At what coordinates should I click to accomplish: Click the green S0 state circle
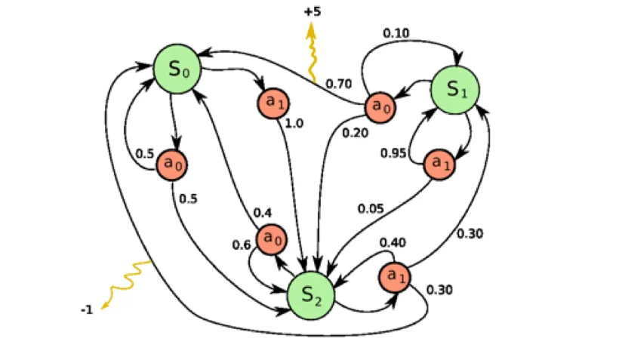(177, 69)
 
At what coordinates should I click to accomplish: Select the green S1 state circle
(455, 90)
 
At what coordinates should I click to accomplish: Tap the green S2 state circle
(311, 296)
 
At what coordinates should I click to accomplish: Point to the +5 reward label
(313, 11)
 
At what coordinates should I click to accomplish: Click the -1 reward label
(87, 310)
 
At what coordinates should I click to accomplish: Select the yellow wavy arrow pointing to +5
(312, 53)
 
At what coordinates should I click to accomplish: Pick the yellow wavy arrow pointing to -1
(126, 285)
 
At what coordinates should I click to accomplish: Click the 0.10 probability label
(396, 33)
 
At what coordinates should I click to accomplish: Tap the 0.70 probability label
(339, 84)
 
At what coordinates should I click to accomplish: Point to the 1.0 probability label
(294, 124)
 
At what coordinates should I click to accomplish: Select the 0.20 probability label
(355, 133)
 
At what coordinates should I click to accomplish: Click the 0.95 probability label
(393, 152)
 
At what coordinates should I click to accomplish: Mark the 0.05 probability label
(371, 208)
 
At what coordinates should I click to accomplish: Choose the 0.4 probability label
(263, 213)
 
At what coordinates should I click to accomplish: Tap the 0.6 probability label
(242, 245)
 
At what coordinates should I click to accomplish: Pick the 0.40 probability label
(393, 242)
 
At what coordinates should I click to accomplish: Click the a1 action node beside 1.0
(273, 103)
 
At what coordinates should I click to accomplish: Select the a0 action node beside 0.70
(380, 107)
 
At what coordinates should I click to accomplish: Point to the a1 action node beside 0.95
(439, 165)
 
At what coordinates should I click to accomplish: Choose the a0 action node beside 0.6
(272, 239)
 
